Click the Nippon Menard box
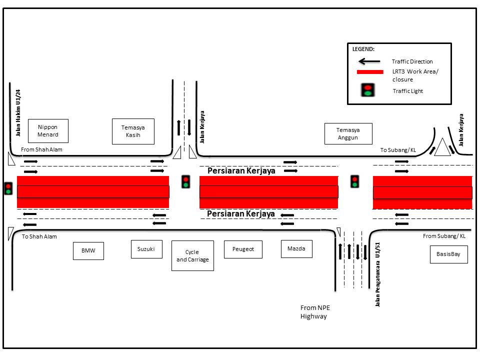48,131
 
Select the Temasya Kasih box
133,131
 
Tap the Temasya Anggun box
348,133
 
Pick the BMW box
88,251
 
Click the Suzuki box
146,249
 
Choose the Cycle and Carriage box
192,255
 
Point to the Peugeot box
243,249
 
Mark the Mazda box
296,248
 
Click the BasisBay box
448,254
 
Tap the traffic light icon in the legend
368,90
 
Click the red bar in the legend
369,72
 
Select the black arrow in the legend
369,61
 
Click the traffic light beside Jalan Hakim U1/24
8,188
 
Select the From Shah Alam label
41,149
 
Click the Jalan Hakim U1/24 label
18,113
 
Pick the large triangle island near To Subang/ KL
442,148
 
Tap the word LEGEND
363,49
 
